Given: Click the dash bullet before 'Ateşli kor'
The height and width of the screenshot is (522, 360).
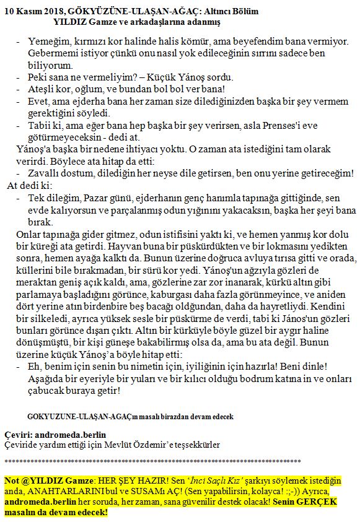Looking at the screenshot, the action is [17, 90].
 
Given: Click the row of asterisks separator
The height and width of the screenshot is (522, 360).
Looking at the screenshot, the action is [152, 462].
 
